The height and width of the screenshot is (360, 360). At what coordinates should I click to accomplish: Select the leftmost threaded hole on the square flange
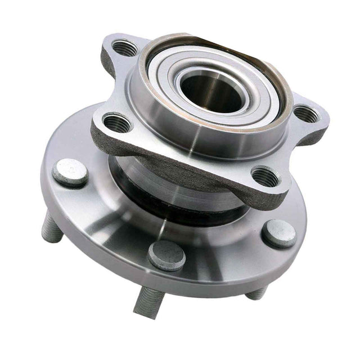pos(117,121)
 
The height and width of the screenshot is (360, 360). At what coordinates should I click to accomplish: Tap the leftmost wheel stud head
pos(70,172)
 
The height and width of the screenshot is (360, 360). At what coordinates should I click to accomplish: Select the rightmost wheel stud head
pos(280,232)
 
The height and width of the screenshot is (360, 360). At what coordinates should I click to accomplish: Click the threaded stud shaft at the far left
pos(52,227)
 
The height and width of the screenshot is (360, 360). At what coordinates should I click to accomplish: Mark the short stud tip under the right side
pos(256,292)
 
